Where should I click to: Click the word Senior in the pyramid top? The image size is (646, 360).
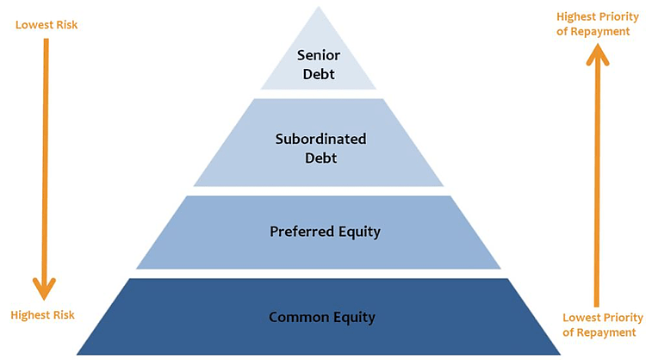coord(319,54)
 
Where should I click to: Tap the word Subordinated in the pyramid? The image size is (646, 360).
coord(320,138)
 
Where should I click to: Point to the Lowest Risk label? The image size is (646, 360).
coord(47,24)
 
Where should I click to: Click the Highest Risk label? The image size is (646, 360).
coord(42,315)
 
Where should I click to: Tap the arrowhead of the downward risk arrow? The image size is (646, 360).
coord(45,287)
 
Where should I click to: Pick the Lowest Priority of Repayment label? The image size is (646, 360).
coord(599,324)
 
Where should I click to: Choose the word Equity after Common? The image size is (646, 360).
coord(352,317)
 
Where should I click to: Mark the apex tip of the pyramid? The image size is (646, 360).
coord(319,8)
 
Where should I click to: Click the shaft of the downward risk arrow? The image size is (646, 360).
coord(45,155)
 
